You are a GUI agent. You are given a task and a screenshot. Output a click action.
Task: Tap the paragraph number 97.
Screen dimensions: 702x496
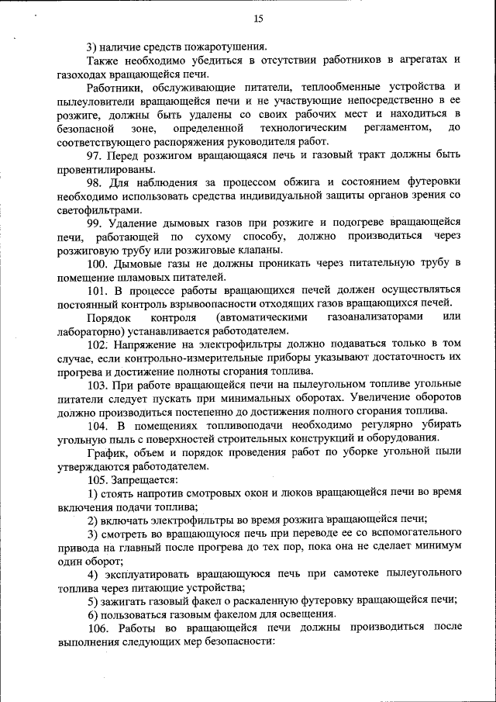[x=96, y=155]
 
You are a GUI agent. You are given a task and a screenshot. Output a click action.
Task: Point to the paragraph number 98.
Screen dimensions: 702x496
[x=96, y=182]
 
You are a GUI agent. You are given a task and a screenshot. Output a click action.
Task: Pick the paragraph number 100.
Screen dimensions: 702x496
[x=98, y=264]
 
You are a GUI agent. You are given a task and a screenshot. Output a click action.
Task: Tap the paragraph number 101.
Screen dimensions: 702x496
[x=98, y=290]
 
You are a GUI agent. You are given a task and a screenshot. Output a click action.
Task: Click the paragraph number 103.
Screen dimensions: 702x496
[x=98, y=385]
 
